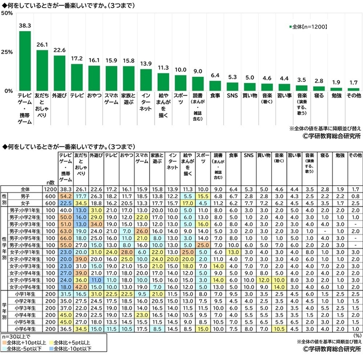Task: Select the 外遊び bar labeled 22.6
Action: click(60, 73)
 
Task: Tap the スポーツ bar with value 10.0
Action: click(180, 83)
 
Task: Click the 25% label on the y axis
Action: click(7, 52)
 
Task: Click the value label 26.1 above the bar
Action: click(43, 45)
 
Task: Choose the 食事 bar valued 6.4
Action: click(215, 86)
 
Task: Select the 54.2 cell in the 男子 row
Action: click(65, 196)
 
